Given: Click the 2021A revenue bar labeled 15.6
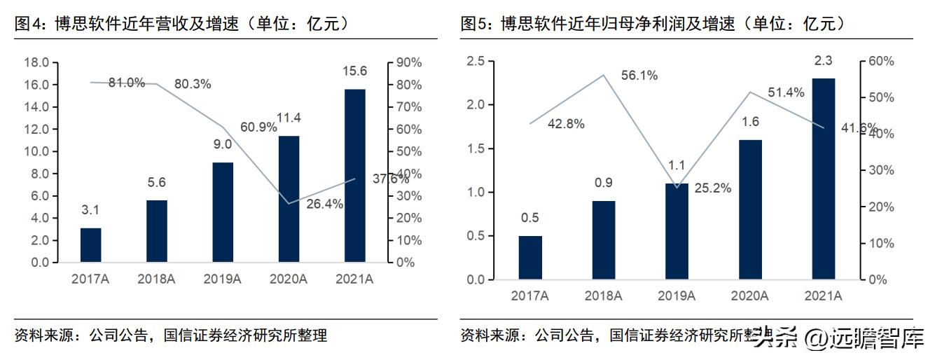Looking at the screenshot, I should pyautogui.click(x=354, y=175).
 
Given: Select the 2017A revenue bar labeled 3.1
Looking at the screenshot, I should pyautogui.click(x=91, y=245).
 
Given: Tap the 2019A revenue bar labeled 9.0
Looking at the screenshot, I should pyautogui.click(x=223, y=212).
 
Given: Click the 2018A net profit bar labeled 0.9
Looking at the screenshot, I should pyautogui.click(x=604, y=240).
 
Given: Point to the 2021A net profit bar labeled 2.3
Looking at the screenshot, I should pyautogui.click(x=823, y=179).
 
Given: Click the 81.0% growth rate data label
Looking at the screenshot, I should pyautogui.click(x=127, y=83).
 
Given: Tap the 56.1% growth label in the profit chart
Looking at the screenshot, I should pyautogui.click(x=638, y=76).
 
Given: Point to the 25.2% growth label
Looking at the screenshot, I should pyautogui.click(x=713, y=188).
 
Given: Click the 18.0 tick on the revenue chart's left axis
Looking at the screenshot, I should pyautogui.click(x=36, y=62).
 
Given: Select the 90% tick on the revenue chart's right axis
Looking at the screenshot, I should pyautogui.click(x=409, y=62).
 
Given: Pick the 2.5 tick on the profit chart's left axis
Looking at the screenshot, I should pyautogui.click(x=476, y=62).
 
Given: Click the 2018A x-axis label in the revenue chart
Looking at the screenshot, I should pyautogui.click(x=156, y=279).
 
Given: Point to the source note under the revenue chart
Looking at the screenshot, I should pyautogui.click(x=171, y=335).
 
